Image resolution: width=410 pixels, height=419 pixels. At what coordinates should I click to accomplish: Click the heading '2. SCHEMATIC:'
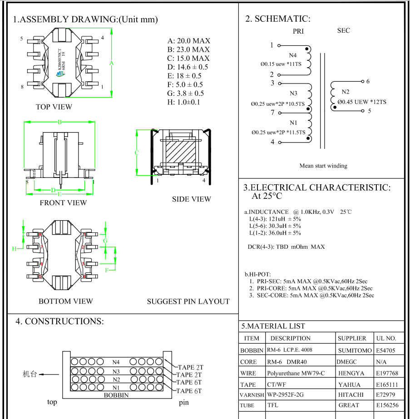pos(277,19)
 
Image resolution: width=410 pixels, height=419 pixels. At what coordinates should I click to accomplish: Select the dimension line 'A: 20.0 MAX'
pos(188,41)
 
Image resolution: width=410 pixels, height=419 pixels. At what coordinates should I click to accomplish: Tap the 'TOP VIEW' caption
pos(54,107)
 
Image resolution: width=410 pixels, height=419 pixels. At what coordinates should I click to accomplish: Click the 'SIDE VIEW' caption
pos(191,199)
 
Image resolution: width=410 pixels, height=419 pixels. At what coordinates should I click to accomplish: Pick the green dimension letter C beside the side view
pos(136,153)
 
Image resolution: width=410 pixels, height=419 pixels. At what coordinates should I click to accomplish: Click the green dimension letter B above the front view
pos(59,122)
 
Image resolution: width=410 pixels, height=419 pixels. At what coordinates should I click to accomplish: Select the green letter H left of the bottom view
pos(15,248)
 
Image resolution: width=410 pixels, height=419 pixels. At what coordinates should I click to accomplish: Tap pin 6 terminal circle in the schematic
pos(362,82)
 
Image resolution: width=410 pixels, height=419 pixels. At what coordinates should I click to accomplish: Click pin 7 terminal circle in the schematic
pos(279,113)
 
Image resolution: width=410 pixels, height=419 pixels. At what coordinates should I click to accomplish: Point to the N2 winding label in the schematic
pos(346,92)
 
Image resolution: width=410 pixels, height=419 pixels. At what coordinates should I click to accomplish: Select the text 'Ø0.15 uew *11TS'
pos(281,64)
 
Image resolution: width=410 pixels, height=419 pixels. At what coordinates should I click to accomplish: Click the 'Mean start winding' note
pos(323,166)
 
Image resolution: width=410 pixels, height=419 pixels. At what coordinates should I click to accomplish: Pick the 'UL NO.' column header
pos(386,338)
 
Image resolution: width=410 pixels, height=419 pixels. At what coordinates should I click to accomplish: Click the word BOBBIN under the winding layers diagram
pos(117,395)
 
